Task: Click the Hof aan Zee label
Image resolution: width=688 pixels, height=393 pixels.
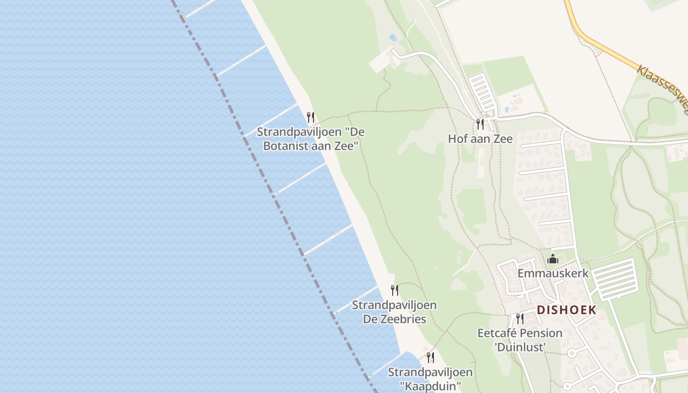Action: coord(480,139)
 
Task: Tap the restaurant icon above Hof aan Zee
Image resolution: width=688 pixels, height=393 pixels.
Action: coord(480,124)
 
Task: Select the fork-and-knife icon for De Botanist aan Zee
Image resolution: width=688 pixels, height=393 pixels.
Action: coord(310,117)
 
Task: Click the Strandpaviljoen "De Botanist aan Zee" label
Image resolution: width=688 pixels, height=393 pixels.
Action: coord(311,139)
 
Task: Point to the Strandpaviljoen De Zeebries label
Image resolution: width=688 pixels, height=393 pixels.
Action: coord(394,312)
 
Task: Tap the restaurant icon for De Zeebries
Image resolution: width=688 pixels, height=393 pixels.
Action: coord(394,290)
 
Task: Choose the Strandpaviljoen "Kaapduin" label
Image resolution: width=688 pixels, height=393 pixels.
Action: coord(430,379)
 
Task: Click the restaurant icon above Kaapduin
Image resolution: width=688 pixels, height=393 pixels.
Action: coord(430,357)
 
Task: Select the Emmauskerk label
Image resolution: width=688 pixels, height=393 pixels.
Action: coord(553,273)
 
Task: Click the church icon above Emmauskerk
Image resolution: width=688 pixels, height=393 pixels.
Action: coord(553,258)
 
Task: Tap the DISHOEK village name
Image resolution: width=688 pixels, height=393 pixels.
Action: coord(567,310)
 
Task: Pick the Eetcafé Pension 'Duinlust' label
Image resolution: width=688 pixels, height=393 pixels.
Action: coord(520,340)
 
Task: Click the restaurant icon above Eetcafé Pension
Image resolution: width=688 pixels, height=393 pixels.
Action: coord(519,319)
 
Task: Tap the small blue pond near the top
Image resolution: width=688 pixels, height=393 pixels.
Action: coord(393,37)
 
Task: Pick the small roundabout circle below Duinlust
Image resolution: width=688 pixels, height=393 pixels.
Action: coord(572,353)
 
